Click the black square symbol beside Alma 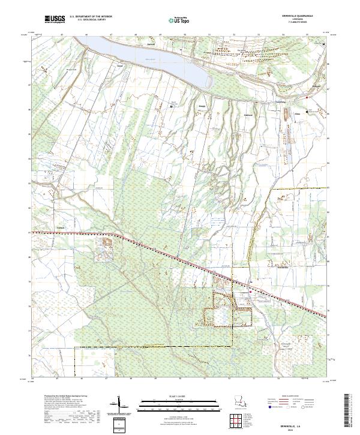(x=307, y=112)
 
